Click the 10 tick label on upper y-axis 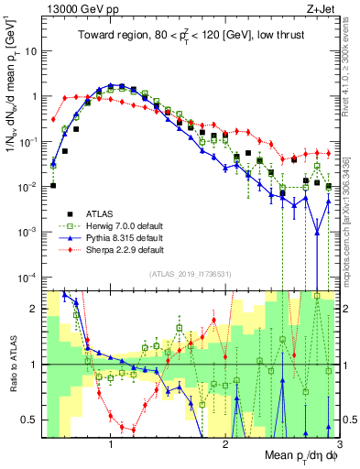point(28,51)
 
